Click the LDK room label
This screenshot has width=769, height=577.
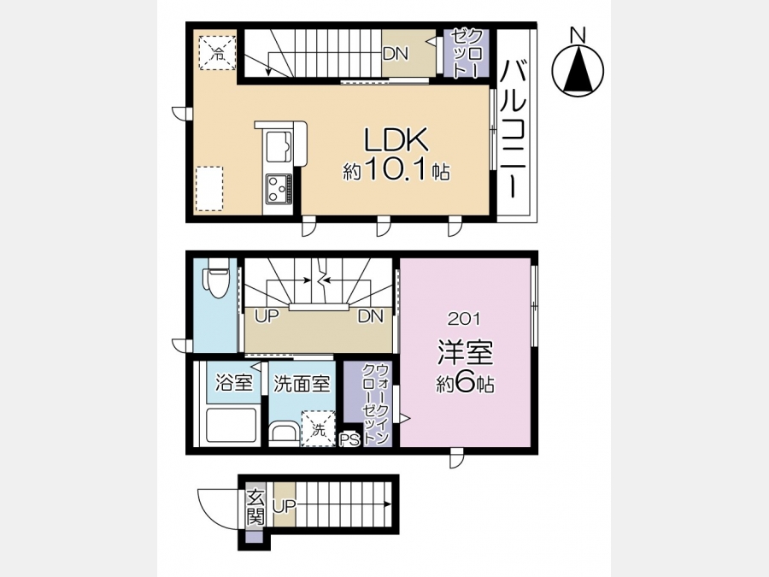(396, 140)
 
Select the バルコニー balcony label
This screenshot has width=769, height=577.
(513, 129)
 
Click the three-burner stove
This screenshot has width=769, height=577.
(279, 189)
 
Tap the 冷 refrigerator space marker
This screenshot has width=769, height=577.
(217, 53)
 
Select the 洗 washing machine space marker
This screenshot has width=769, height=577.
(319, 429)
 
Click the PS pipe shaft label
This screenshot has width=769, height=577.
(349, 439)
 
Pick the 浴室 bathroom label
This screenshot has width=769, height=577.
(234, 383)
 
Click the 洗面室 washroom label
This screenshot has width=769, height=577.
(302, 384)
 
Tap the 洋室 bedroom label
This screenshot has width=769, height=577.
(465, 353)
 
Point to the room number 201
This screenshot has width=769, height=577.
(464, 320)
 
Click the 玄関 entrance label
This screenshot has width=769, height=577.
(255, 508)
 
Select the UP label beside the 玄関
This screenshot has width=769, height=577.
(285, 506)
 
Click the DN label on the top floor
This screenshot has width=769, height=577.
(396, 54)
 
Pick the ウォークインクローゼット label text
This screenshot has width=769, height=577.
(375, 403)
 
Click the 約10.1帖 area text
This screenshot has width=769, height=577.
(396, 171)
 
